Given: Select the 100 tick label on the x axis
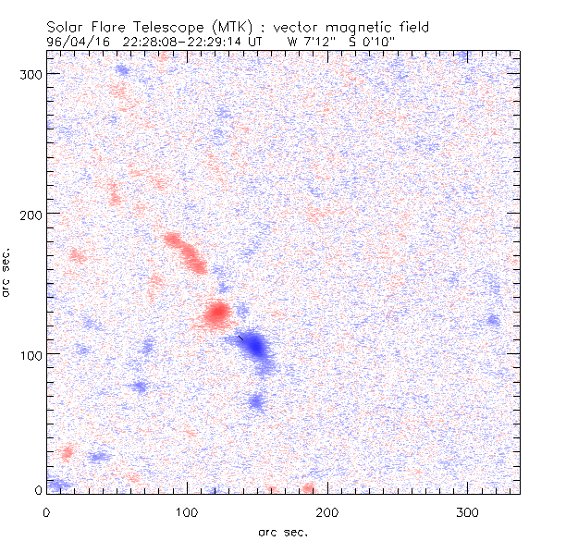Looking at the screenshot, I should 187,510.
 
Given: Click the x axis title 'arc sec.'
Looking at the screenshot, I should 282,532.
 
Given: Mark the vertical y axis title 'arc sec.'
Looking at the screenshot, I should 9,272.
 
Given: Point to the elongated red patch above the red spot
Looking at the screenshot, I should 186,252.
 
